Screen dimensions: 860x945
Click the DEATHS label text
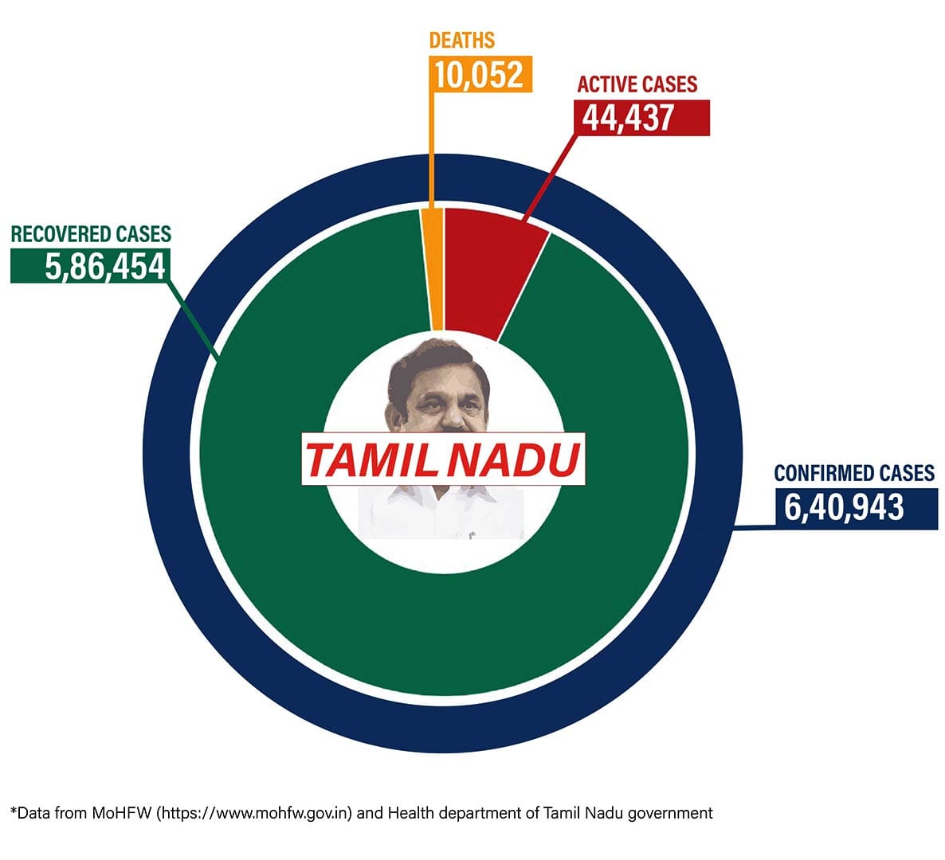461,40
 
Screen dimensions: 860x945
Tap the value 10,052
479,75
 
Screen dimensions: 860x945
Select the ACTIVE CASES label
637,84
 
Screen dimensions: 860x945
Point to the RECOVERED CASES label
91,233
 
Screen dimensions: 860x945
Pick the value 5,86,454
105,266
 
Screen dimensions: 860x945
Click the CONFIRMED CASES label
854,473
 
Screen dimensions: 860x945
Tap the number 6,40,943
845,507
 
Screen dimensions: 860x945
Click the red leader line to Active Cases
550,175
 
